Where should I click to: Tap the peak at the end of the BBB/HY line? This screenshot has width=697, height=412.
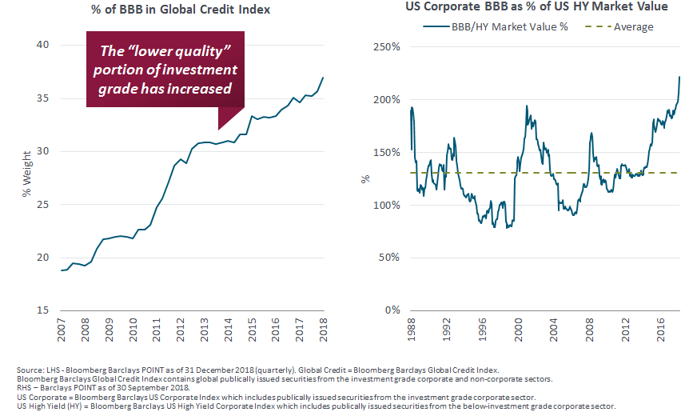pos(679,77)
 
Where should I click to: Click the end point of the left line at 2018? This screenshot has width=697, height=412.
pos(323,78)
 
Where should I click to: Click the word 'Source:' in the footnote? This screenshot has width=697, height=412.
pos(29,369)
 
